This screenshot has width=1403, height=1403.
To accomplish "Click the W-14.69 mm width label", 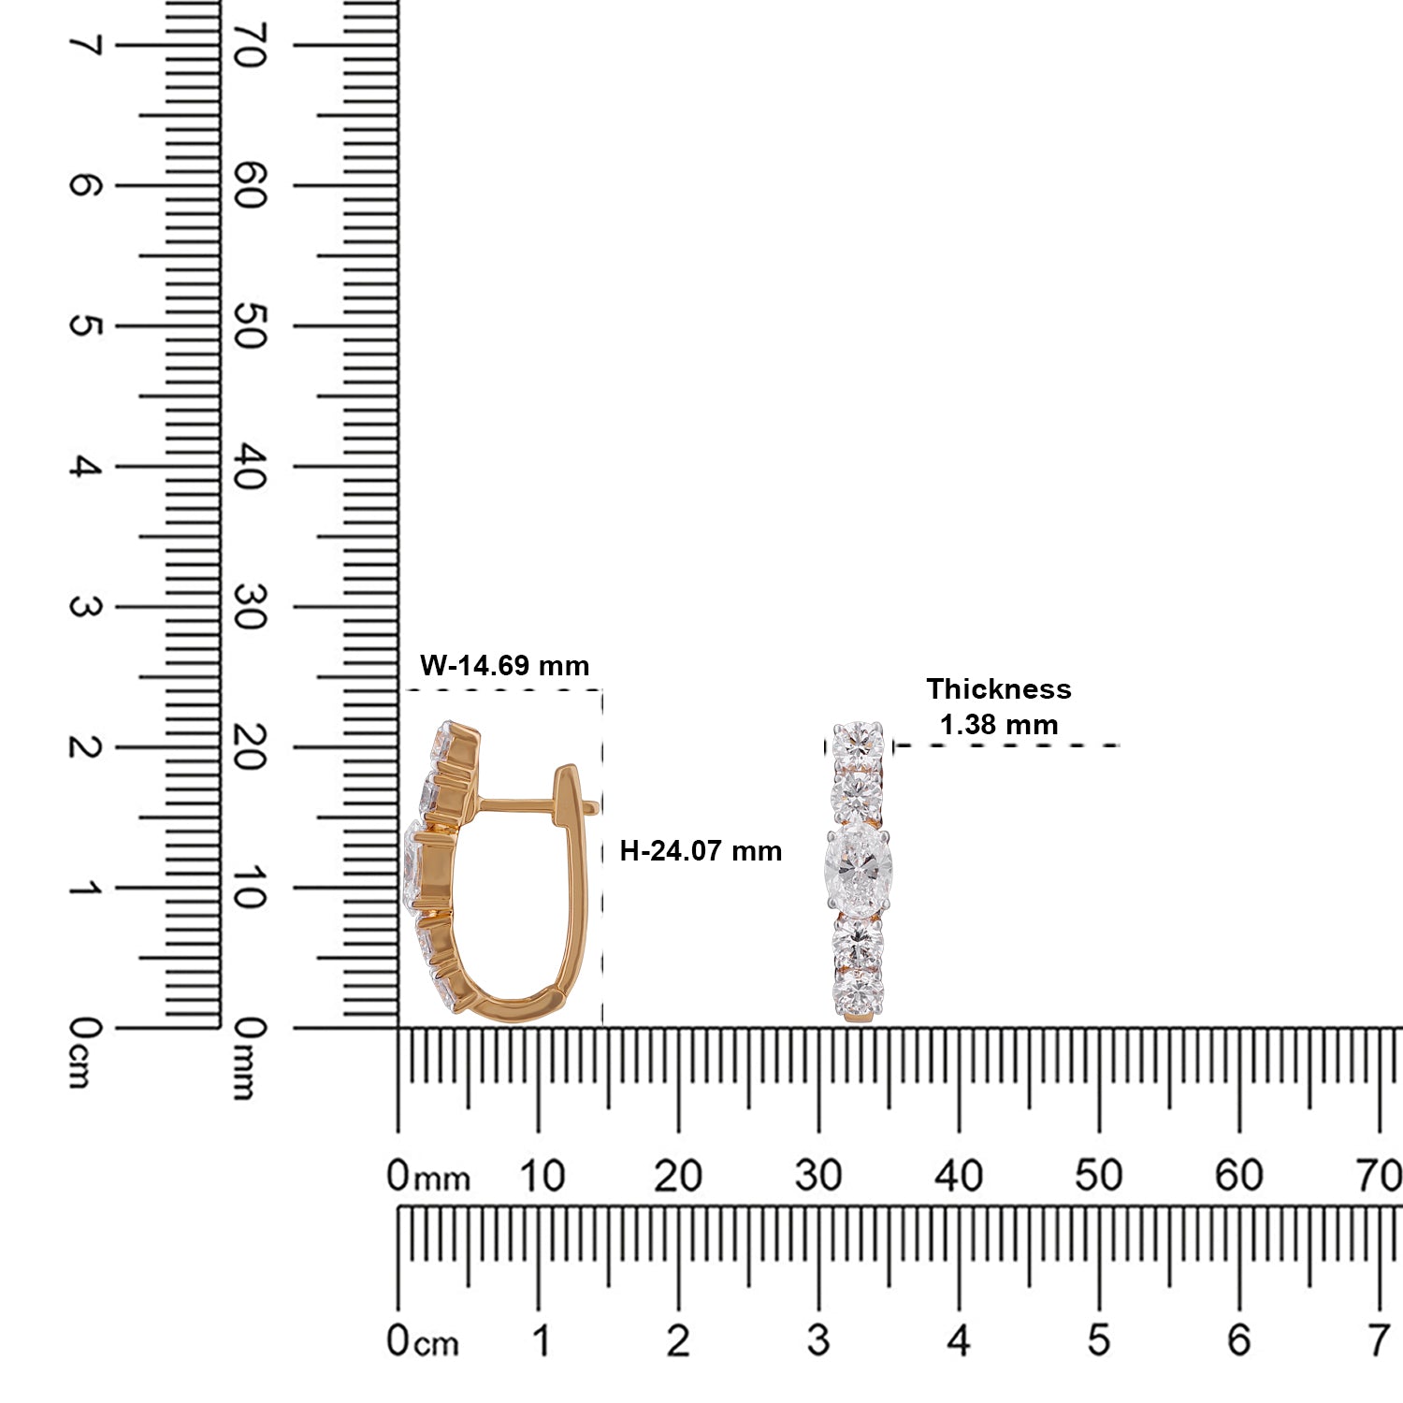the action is pyautogui.click(x=505, y=666).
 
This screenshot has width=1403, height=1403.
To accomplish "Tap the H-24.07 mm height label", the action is pyautogui.click(x=701, y=851).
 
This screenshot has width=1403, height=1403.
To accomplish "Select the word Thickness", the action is pyautogui.click(x=999, y=689).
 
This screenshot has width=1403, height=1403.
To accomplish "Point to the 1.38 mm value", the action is pyautogui.click(x=999, y=725).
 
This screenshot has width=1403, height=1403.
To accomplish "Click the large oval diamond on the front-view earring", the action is pyautogui.click(x=858, y=868).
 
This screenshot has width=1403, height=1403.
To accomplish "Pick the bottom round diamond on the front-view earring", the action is pyautogui.click(x=859, y=993).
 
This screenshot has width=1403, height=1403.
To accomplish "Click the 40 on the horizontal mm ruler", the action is pyautogui.click(x=959, y=1176).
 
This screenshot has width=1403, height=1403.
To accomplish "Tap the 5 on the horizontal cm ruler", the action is pyautogui.click(x=1099, y=1340).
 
